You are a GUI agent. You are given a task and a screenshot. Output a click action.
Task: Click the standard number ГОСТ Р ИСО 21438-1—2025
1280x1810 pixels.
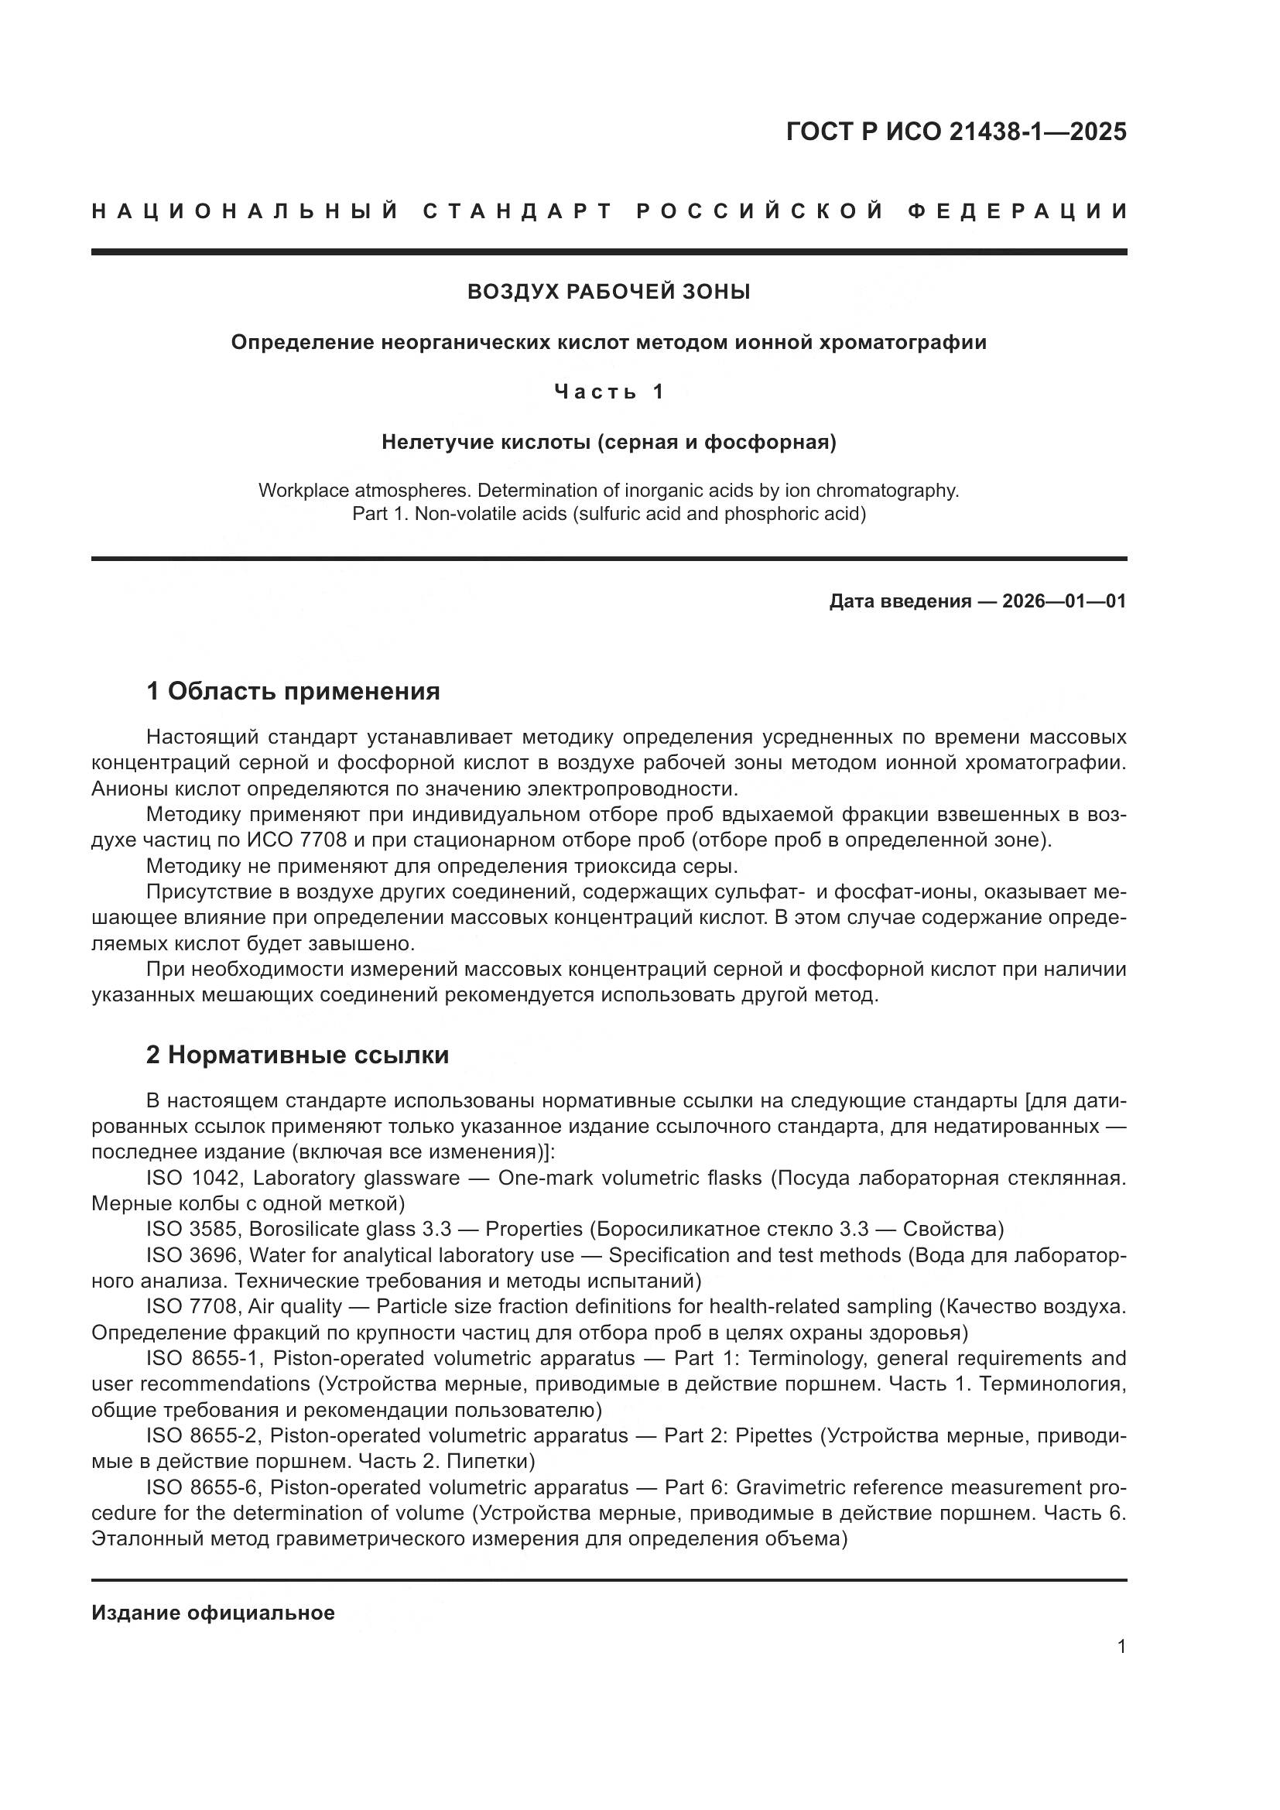coord(956,132)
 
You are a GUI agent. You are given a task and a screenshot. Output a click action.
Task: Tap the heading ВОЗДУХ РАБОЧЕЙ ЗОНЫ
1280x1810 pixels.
coord(608,292)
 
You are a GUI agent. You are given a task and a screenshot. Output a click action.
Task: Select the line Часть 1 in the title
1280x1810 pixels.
coord(608,392)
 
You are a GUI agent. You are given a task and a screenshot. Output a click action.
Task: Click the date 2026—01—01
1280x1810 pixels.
coord(1064,601)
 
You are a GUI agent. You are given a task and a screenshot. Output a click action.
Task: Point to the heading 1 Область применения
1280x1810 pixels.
coord(293,691)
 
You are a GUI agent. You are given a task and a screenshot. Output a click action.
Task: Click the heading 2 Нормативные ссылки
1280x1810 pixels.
coord(297,1055)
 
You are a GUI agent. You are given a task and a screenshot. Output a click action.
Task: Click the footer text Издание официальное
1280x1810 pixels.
coord(213,1613)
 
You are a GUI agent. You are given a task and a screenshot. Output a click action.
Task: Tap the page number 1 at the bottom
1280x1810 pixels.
coord(1121,1647)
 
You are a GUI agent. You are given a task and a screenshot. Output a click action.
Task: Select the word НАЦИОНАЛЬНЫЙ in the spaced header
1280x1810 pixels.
coord(245,211)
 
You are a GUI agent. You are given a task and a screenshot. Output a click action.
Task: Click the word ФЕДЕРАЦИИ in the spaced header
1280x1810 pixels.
coord(1018,211)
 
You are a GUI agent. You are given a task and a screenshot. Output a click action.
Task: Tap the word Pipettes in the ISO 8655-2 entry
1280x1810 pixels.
coord(773,1435)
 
